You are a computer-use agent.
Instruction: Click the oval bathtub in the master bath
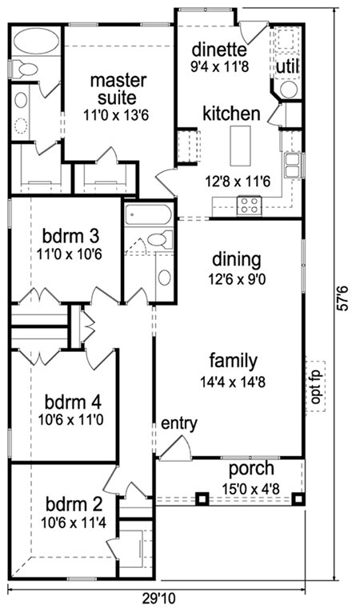coord(36,41)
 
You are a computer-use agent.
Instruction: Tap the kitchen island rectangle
coord(240,146)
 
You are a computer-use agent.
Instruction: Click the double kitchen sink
coord(292,166)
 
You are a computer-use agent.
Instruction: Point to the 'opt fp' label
coord(315,386)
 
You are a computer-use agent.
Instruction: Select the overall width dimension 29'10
coord(158,598)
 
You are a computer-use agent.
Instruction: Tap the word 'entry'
coord(179,424)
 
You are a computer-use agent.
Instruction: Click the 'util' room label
coord(287,66)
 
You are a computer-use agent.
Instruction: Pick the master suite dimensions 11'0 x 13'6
coord(115,115)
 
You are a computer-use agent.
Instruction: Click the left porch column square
coord(202,498)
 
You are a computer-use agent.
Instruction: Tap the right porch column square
coord(298,498)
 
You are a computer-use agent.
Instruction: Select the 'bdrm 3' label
coord(70,237)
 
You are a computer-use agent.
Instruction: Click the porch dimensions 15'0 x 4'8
coord(250,490)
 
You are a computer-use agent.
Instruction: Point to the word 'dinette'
coord(219,50)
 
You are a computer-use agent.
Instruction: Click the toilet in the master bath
coord(24,70)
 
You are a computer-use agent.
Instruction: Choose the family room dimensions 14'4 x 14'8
coord(233,382)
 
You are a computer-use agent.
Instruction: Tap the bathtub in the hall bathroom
coord(149,214)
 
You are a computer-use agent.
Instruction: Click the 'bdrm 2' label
coord(74,504)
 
